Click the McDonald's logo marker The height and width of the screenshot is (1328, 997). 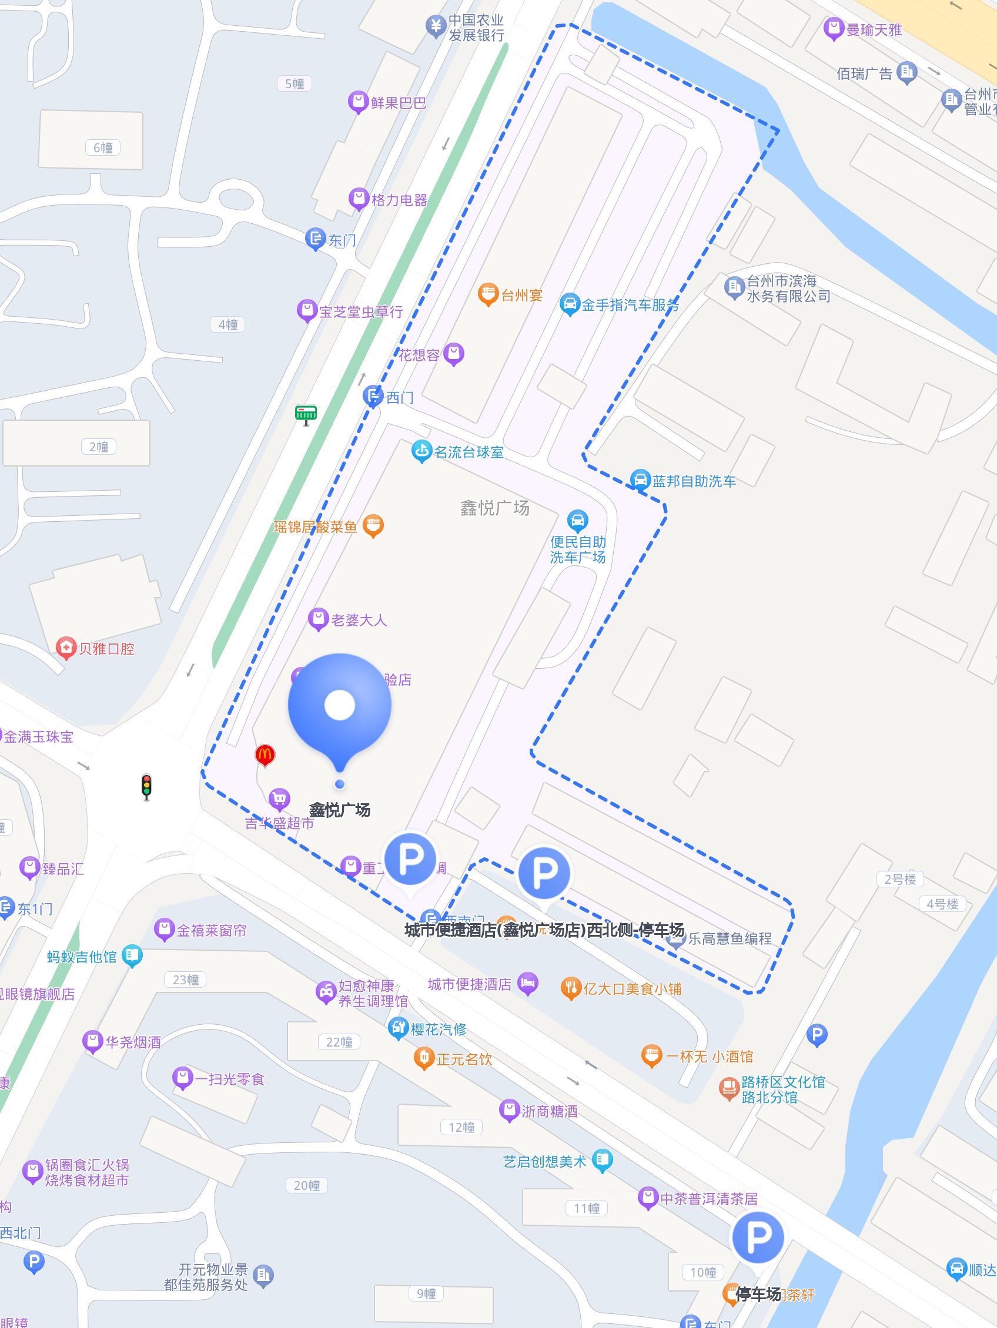coord(265,754)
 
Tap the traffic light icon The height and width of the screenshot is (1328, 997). coord(146,786)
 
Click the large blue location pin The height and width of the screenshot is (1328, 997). coord(340,709)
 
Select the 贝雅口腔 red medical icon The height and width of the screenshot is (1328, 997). coord(65,648)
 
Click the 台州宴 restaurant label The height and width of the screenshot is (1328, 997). coord(521,295)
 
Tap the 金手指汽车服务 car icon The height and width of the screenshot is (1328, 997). coord(569,304)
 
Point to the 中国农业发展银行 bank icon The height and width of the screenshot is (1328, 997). coord(435,26)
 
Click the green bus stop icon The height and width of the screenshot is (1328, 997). coord(306,414)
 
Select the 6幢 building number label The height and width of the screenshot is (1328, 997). coord(103,147)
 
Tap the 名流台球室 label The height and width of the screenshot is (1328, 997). coord(469,452)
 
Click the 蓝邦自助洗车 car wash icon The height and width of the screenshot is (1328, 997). coord(641,480)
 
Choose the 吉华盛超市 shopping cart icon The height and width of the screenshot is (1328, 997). coord(279,799)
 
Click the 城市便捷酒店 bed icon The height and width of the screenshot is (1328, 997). coord(528,984)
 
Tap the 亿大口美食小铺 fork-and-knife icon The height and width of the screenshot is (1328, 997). coord(571,988)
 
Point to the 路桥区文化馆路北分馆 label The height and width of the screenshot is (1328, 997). coord(782,1089)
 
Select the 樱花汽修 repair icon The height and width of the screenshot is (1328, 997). coord(398,1028)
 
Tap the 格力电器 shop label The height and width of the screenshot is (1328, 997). coord(399,200)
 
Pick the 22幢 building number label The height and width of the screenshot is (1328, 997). coord(339,1042)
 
